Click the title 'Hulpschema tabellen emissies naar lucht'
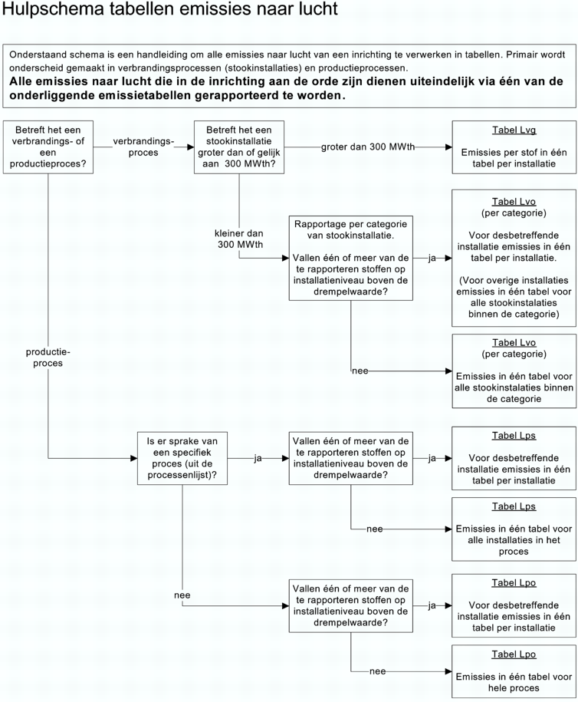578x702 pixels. [x=169, y=11]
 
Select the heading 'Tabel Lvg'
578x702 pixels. [x=514, y=130]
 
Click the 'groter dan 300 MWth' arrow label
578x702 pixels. [x=368, y=147]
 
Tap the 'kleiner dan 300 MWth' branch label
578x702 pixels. [x=238, y=238]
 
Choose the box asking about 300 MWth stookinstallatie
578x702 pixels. [x=239, y=147]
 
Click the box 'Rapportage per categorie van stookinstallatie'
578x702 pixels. [x=350, y=258]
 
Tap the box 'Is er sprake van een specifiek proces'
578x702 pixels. [x=182, y=458]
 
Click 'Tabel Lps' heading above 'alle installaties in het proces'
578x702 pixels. [x=514, y=506]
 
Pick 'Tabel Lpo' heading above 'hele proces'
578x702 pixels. [x=514, y=654]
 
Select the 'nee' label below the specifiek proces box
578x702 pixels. [x=182, y=595]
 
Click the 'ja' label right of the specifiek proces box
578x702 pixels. [x=258, y=458]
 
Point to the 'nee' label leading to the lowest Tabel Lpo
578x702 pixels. [x=377, y=671]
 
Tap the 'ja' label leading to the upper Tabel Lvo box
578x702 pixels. [x=432, y=259]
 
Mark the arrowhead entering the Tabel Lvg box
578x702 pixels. [x=448, y=147]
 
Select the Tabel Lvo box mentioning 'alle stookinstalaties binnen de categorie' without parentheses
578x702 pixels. [x=514, y=370]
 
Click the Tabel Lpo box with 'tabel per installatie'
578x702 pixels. [x=514, y=605]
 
